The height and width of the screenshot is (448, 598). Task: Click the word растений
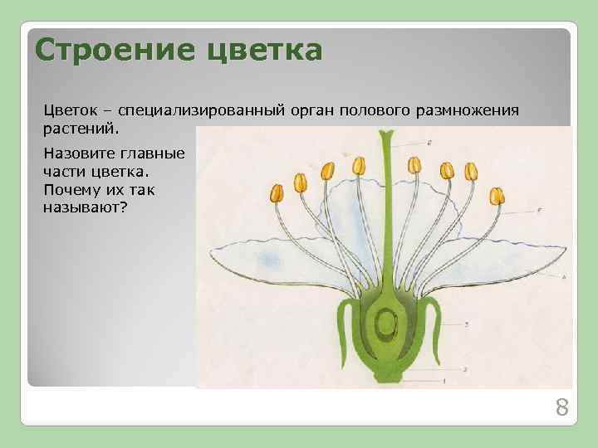(81, 129)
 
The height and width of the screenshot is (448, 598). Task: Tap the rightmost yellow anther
(498, 197)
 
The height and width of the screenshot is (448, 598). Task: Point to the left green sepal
(342, 324)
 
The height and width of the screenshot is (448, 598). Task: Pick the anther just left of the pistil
(359, 166)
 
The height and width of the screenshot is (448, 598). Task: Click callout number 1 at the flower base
(444, 381)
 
